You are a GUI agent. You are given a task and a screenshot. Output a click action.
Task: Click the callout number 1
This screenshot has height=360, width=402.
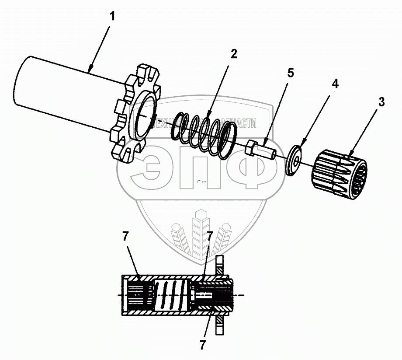coord(112,17)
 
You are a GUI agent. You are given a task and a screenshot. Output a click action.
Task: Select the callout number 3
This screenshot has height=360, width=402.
coord(381,102)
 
